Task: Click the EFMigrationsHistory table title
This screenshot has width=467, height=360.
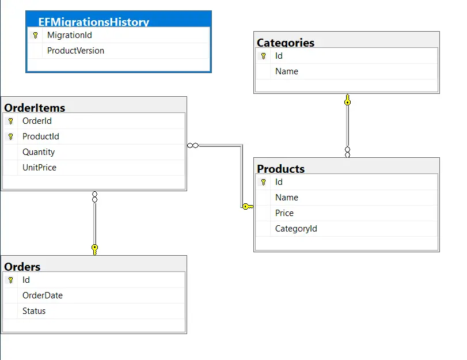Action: (94, 22)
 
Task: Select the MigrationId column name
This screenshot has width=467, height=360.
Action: (70, 35)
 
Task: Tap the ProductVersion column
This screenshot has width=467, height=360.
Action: (75, 51)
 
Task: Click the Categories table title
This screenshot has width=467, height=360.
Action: (286, 43)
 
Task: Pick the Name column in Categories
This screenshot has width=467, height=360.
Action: (287, 71)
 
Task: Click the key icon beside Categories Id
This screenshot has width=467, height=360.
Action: (263, 56)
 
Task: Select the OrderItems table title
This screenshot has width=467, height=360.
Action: (35, 108)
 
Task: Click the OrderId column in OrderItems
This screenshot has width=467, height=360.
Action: (37, 121)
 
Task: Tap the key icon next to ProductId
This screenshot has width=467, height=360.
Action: (10, 137)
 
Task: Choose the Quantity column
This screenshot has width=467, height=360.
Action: (39, 152)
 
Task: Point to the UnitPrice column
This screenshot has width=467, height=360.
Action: (39, 168)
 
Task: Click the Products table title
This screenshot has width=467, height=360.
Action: (281, 169)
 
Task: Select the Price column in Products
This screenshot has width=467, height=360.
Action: (284, 213)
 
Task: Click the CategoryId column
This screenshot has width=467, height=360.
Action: (296, 229)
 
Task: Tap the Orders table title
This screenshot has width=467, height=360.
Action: (22, 267)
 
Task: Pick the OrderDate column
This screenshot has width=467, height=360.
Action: (43, 295)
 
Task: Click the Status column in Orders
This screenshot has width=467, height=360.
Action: (34, 311)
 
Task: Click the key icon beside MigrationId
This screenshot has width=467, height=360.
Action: (35, 35)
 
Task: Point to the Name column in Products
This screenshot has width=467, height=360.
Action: (287, 198)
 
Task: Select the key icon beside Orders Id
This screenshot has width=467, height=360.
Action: (10, 280)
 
